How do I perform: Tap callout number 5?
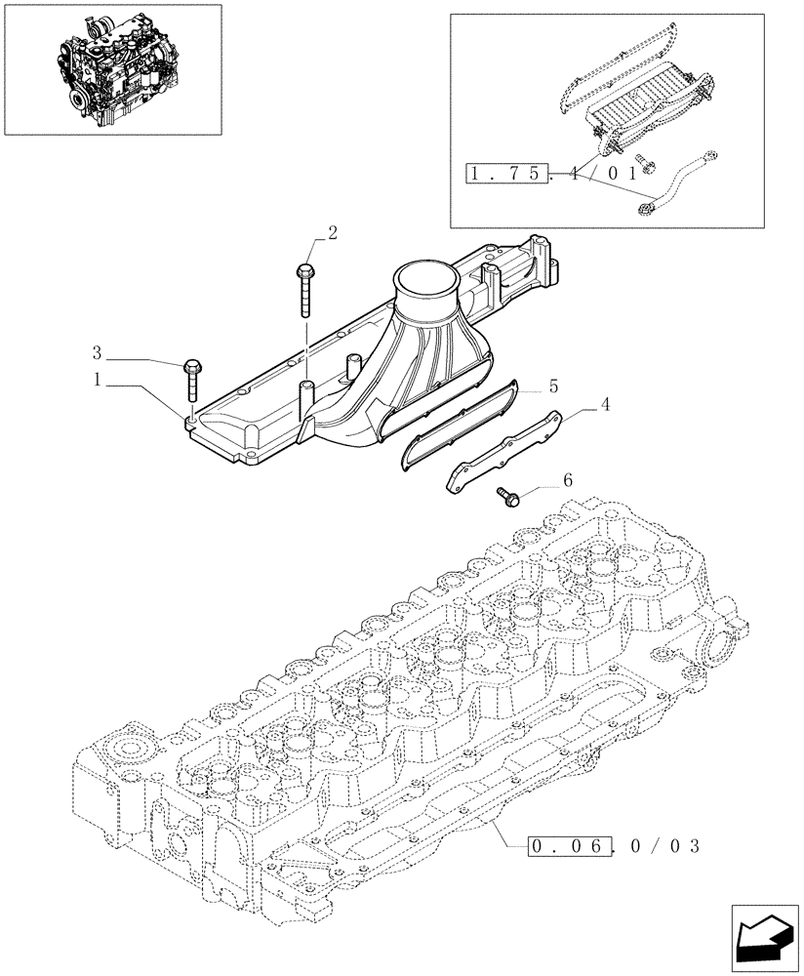coord(553,386)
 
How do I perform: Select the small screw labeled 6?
coord(508,496)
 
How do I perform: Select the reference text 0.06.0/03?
coord(612,845)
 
